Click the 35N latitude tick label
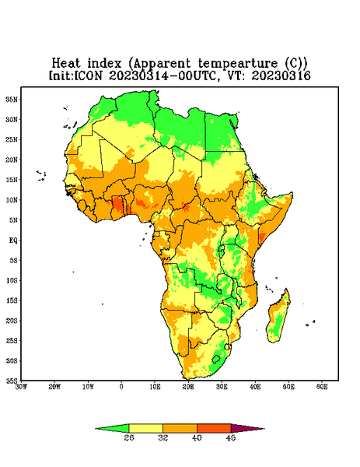pyautogui.click(x=12, y=100)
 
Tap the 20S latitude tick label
pyautogui.click(x=12, y=321)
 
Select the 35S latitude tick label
pyautogui.click(x=12, y=381)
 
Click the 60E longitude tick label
pyautogui.click(x=322, y=387)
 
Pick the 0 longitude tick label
pyautogui.click(x=121, y=387)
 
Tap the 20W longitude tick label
pyautogui.click(x=54, y=387)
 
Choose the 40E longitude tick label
pyautogui.click(x=255, y=387)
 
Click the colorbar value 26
pyautogui.click(x=129, y=437)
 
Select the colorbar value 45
pyautogui.click(x=231, y=437)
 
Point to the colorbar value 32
pyautogui.click(x=163, y=437)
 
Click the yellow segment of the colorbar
pyautogui.click(x=145, y=428)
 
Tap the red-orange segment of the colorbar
pyautogui.click(x=214, y=428)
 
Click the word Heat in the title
pyautogui.click(x=66, y=64)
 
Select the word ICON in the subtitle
pyautogui.click(x=88, y=75)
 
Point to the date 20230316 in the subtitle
pyautogui.click(x=281, y=75)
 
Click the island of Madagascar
pyautogui.click(x=279, y=318)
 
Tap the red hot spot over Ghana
pyautogui.click(x=118, y=205)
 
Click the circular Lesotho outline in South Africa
pyautogui.click(x=216, y=359)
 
